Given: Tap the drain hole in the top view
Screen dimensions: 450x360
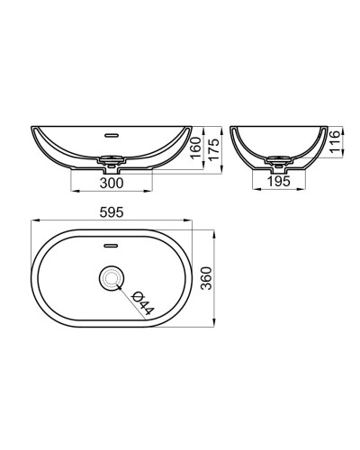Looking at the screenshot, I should click(x=112, y=280).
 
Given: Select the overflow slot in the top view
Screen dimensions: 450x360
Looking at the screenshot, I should click(x=112, y=244).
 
